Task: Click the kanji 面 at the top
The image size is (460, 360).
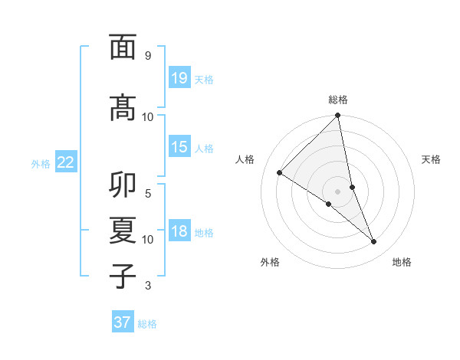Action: (x=123, y=47)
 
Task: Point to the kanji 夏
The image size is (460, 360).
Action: (x=123, y=231)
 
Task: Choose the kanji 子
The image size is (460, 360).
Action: (x=123, y=276)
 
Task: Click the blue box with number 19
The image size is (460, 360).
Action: (x=179, y=78)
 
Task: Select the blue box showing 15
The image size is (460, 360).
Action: (x=179, y=147)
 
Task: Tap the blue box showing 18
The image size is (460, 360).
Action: (x=179, y=232)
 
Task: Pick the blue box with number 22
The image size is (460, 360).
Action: (x=66, y=162)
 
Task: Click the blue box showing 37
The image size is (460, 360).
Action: (x=123, y=322)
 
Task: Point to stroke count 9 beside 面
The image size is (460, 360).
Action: (x=148, y=56)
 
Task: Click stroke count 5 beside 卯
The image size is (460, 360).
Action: (x=148, y=195)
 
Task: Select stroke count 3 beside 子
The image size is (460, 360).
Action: (x=148, y=286)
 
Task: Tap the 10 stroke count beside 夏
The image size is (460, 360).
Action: (x=148, y=240)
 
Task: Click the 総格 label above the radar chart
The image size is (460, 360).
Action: (x=338, y=100)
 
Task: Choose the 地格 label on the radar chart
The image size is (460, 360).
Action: (x=402, y=262)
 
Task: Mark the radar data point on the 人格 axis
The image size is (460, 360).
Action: (x=280, y=173)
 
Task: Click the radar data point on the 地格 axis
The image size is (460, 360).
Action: (x=374, y=242)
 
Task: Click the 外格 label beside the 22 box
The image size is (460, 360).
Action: (x=41, y=163)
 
